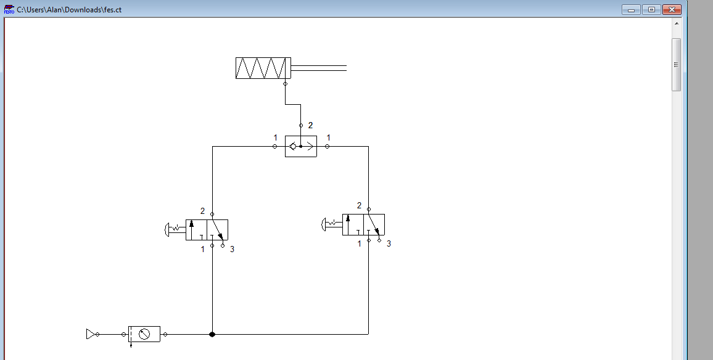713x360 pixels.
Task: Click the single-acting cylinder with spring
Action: [x=263, y=68]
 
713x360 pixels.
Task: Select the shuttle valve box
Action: [x=301, y=147]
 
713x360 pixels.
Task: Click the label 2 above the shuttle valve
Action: [x=310, y=125]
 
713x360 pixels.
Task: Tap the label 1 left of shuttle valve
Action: [x=275, y=137]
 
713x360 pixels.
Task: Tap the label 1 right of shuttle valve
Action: [x=329, y=137]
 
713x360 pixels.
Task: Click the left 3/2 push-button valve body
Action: [x=207, y=229]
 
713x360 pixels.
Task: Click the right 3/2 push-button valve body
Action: [x=363, y=224]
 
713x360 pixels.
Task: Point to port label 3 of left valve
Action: [x=232, y=249]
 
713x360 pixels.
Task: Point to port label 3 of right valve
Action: [x=389, y=243]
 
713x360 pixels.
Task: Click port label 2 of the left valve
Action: [x=202, y=211]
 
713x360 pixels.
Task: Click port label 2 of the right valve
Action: [x=359, y=205]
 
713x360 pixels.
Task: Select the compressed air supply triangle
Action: [x=90, y=334]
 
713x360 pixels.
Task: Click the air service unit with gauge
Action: [x=144, y=334]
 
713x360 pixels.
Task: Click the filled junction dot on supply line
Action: [x=212, y=334]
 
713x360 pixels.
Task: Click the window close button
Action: [x=671, y=9]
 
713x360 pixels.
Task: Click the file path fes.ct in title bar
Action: [x=69, y=9]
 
